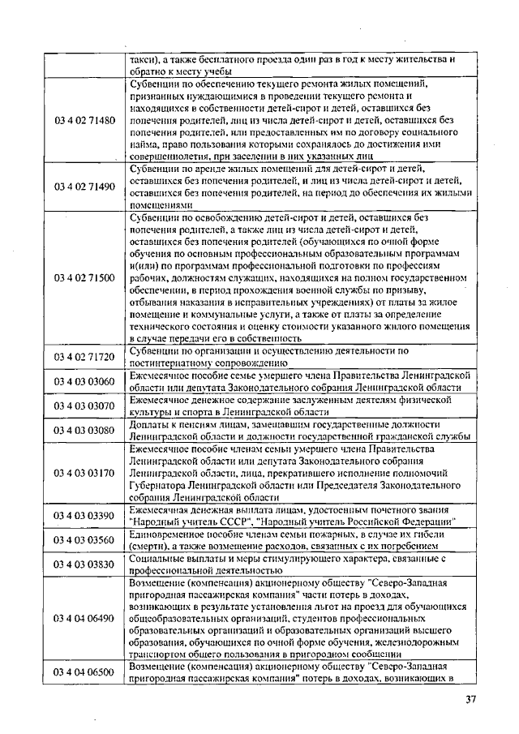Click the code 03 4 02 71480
[x=85, y=120]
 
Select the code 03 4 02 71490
[x=85, y=187]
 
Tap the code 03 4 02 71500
[x=85, y=278]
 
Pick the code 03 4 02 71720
[x=85, y=357]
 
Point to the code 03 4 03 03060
[x=85, y=382]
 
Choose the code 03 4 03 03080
[x=85, y=430]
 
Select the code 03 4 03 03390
[x=85, y=516]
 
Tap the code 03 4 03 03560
[x=85, y=540]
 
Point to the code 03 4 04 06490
[x=85, y=619]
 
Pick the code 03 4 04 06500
[x=85, y=673]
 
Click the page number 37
[x=471, y=700]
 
